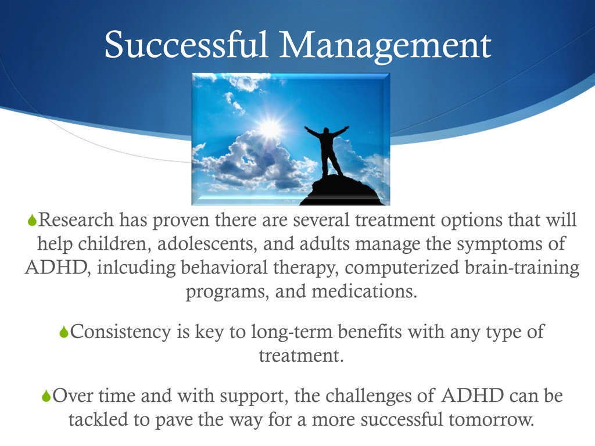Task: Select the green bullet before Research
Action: pos(32,221)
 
